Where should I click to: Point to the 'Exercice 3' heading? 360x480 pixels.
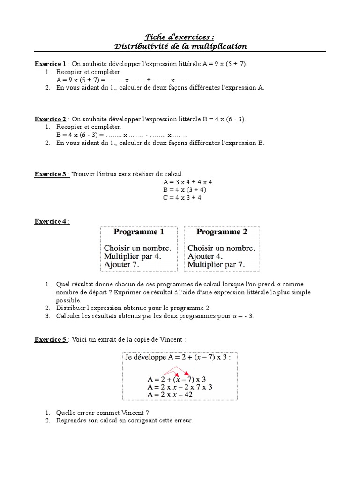tap(51, 174)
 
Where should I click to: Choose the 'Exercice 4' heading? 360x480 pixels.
tap(51, 221)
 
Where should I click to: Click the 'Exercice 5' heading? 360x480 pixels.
tap(51, 340)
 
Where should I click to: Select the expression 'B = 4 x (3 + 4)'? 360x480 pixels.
tap(185, 189)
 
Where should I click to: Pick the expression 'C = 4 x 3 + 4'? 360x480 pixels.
tap(182, 197)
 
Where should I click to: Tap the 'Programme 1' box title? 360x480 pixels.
tap(139, 232)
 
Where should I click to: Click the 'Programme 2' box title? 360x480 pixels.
tap(222, 232)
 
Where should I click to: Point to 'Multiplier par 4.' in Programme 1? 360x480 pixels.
tap(133, 256)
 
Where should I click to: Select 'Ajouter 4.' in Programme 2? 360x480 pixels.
tap(205, 256)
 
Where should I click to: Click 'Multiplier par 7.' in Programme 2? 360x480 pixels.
tap(216, 264)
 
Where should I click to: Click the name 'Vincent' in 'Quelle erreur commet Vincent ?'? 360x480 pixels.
tap(125, 412)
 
